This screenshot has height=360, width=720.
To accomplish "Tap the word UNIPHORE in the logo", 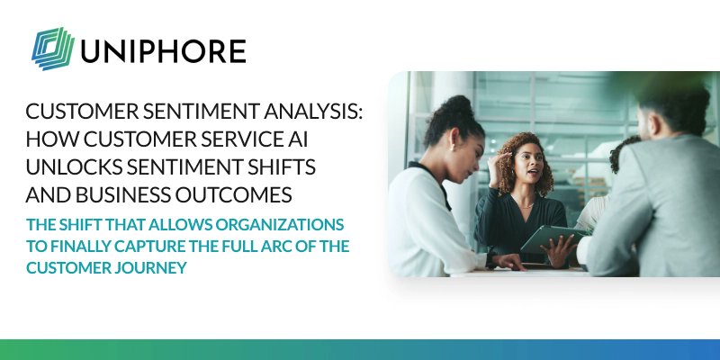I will pyautogui.click(x=163, y=49).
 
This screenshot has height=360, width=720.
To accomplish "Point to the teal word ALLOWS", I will pyautogui.click(x=161, y=223).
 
